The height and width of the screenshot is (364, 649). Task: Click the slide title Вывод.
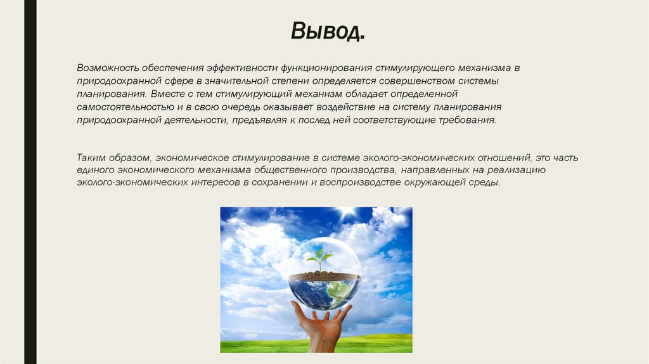(328, 31)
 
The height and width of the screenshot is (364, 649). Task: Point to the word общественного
(291, 170)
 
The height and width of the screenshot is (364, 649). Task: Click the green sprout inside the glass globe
(320, 258)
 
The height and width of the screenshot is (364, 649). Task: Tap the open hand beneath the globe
(321, 324)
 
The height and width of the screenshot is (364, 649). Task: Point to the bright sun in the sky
(347, 212)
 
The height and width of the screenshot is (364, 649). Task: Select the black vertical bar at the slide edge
(30, 182)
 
